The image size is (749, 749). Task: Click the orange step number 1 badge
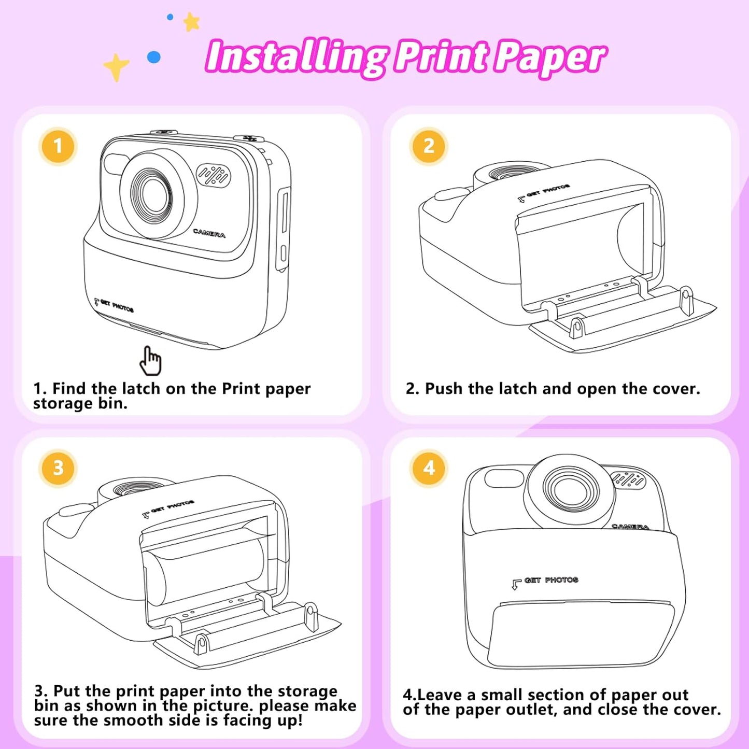(x=58, y=146)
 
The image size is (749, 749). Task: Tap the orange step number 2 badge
(x=428, y=146)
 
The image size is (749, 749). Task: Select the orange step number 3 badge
(x=58, y=468)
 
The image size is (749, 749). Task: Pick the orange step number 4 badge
(x=428, y=468)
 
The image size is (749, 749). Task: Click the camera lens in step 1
(x=152, y=195)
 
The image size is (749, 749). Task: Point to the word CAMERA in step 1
(x=209, y=233)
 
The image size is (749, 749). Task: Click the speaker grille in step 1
(x=214, y=175)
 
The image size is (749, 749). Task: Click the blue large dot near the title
(x=154, y=57)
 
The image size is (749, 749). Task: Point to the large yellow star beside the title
(x=116, y=67)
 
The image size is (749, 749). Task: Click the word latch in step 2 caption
(x=518, y=389)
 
